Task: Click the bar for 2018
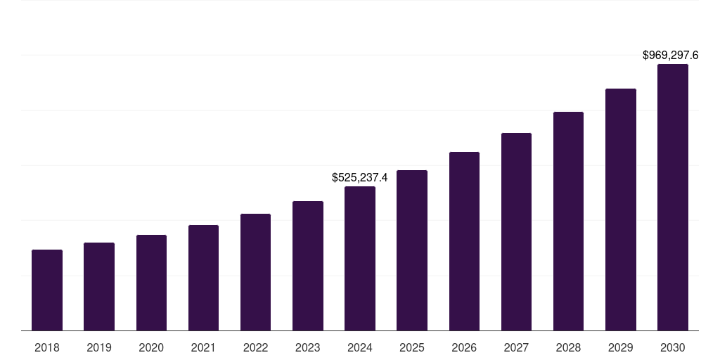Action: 47,290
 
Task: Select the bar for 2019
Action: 99,286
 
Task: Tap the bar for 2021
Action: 203,278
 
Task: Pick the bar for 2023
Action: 308,266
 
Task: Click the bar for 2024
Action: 360,258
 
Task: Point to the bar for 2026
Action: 464,241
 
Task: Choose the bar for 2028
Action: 568,221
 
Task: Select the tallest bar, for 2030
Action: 673,197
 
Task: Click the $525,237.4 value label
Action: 360,178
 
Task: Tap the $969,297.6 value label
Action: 671,55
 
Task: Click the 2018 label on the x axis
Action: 47,347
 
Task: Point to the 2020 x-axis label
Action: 151,347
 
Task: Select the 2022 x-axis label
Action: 255,347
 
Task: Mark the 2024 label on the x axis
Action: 360,347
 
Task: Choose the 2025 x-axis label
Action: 412,347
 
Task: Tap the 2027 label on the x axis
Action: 516,347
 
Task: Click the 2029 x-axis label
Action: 620,347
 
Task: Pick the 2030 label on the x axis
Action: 673,347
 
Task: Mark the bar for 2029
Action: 621,210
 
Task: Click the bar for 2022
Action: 255,272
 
